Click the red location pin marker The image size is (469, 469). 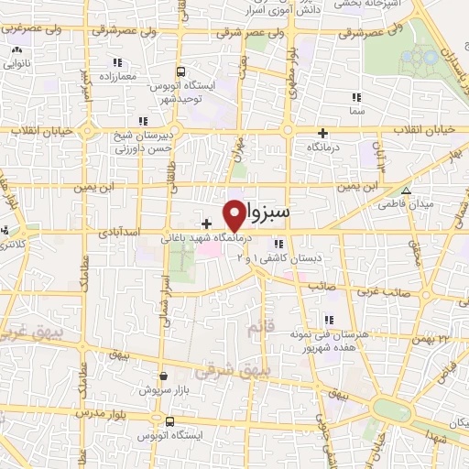point(234,214)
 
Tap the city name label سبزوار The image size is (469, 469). point(268,211)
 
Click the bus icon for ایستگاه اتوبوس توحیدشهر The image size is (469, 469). point(180,71)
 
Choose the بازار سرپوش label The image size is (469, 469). point(163,389)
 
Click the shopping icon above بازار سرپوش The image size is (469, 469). point(163,375)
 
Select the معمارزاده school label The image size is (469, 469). point(115,76)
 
